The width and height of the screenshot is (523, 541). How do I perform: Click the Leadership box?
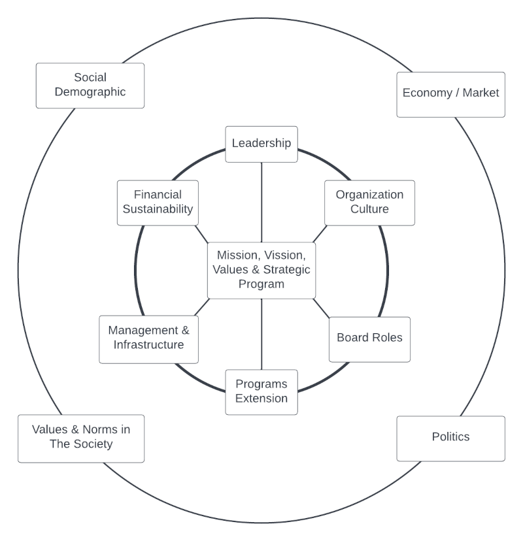[261, 143]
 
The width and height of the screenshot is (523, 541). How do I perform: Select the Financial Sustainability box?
[158, 202]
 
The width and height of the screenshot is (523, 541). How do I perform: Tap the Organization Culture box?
[369, 202]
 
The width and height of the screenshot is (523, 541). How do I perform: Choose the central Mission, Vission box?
[261, 270]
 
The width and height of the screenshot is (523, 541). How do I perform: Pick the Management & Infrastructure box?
[148, 338]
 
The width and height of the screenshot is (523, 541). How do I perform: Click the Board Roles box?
[369, 338]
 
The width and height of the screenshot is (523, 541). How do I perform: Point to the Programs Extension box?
[261, 391]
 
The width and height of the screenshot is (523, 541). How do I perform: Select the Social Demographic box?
[90, 85]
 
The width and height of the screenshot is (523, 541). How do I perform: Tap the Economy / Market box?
[450, 93]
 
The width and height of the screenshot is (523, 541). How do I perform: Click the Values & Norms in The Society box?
[81, 437]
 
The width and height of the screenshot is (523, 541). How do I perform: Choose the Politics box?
[450, 437]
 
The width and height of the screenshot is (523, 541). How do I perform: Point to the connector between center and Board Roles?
[322, 308]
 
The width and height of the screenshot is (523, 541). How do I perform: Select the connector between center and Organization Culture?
[319, 234]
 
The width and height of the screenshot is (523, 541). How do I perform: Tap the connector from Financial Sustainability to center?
[201, 233]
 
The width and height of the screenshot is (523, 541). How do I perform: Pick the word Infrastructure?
[148, 345]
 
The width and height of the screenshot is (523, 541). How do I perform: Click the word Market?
[481, 93]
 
